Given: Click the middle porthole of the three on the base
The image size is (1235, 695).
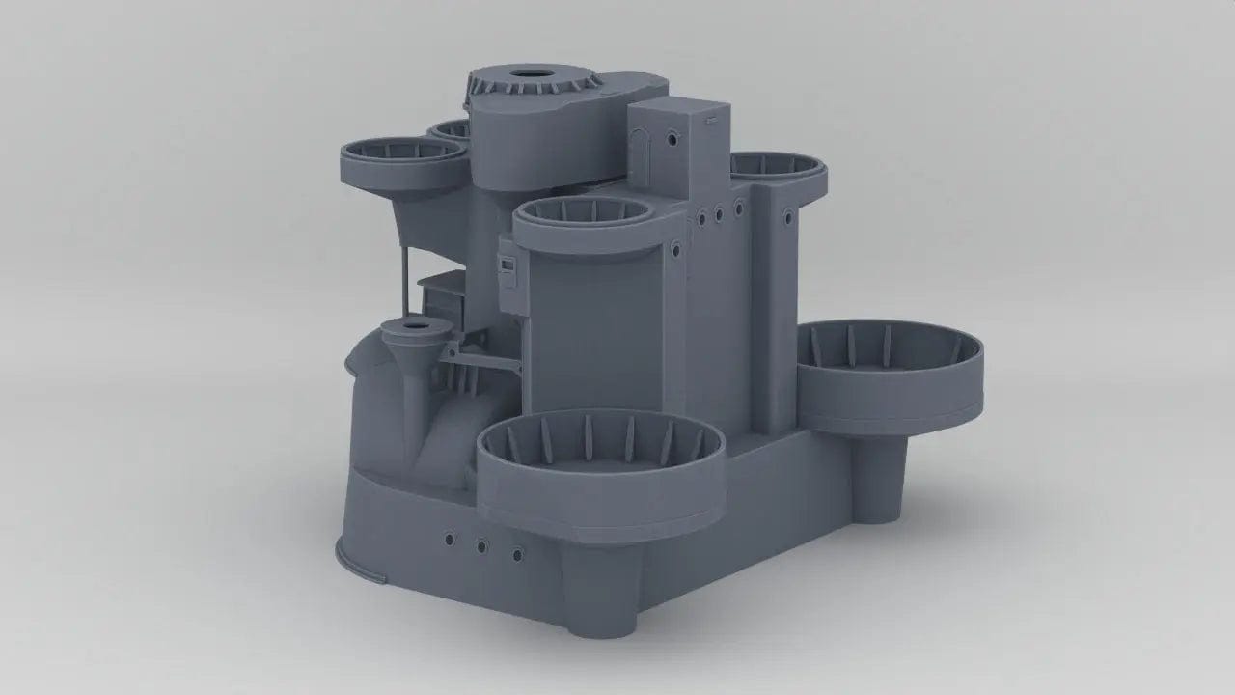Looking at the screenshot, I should (x=481, y=547).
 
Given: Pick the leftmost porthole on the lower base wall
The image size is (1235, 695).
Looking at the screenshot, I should (x=448, y=537).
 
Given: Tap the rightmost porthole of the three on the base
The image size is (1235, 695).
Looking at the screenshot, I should (x=517, y=554).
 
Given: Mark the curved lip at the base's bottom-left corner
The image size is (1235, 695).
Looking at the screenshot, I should (x=357, y=569).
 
